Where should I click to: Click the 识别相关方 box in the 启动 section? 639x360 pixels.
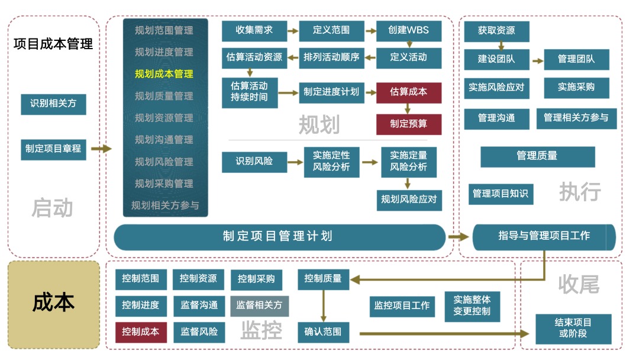(53, 104)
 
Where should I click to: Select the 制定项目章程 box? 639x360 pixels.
(53, 149)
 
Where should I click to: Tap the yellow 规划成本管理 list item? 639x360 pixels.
(164, 74)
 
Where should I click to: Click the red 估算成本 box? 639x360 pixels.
(408, 92)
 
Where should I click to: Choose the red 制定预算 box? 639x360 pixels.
(408, 124)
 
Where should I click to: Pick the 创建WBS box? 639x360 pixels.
(408, 30)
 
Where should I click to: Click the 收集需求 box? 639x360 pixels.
(254, 30)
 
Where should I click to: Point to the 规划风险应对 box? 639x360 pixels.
(409, 200)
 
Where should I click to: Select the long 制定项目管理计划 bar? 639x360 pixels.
(279, 236)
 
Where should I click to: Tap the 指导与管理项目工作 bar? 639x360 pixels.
(544, 236)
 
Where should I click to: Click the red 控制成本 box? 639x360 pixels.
(141, 332)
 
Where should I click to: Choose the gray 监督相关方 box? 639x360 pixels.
(259, 306)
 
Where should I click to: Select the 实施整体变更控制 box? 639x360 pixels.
(472, 305)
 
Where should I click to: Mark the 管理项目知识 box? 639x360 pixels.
(501, 194)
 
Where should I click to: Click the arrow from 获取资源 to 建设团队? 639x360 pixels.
(501, 46)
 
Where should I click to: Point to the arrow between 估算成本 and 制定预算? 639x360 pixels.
(408, 108)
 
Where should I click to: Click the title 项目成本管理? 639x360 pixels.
(53, 44)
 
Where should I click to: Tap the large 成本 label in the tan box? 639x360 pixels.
(53, 303)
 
